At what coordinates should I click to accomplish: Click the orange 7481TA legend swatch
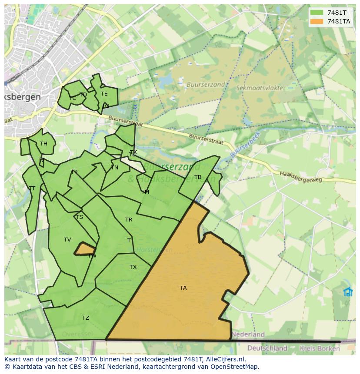[317, 21]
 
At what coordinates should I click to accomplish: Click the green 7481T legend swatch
[317, 13]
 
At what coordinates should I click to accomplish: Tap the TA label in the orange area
[183, 288]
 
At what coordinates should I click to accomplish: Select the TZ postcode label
[86, 318]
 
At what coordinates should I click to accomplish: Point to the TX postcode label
[133, 267]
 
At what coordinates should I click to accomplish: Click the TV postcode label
[67, 240]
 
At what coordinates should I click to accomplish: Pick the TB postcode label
[198, 177]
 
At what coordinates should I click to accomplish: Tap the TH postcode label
[43, 144]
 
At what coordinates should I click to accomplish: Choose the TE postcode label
[104, 94]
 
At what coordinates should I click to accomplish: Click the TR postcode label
[129, 220]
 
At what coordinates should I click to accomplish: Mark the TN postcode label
[114, 168]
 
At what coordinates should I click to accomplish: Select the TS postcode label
[79, 217]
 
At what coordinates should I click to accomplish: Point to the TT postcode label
[32, 189]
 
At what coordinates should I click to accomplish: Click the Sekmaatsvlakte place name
[259, 88]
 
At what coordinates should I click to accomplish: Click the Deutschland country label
[267, 348]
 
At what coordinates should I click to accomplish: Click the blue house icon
[348, 291]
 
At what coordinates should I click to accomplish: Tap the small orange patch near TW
[85, 249]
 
